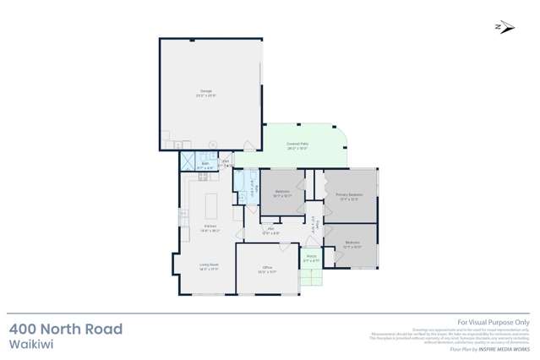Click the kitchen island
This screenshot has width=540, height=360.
(x=210, y=205)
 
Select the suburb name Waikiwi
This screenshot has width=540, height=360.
(x=28, y=345)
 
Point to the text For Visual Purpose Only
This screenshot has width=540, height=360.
(x=493, y=322)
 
